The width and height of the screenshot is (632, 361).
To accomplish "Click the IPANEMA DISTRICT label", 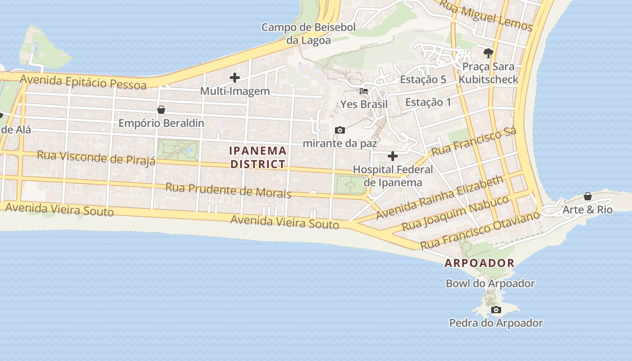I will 258,157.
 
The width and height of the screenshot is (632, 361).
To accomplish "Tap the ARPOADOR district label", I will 479,263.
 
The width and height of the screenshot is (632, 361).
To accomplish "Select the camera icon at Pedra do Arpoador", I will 496,310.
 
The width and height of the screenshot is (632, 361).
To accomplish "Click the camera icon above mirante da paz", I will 340,130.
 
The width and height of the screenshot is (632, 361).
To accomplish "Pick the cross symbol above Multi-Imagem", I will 235,78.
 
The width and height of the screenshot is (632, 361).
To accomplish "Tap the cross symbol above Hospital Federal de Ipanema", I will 393,156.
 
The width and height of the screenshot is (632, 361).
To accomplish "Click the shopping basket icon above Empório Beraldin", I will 161,110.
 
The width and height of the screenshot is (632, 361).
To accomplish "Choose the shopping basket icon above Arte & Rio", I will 587,196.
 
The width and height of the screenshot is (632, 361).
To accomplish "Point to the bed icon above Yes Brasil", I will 364,91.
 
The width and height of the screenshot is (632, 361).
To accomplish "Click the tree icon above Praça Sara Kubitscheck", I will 488,53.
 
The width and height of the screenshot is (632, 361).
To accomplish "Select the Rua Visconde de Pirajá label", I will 96,157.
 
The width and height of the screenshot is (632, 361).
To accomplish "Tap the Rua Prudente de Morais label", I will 228,190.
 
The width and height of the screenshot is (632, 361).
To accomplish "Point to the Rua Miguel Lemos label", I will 486,16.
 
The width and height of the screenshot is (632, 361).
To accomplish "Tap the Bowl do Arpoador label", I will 490,283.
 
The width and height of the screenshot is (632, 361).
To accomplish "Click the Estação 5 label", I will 423,79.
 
